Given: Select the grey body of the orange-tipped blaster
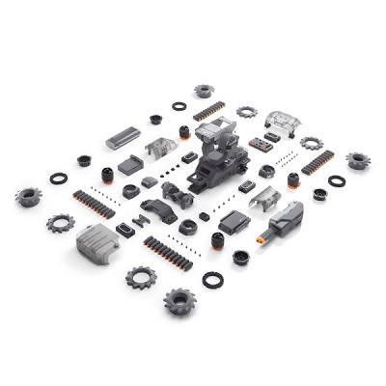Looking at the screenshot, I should coord(287,221).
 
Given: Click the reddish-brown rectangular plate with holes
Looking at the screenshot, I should coord(261,144).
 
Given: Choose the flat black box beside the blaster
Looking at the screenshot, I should coord(233,223).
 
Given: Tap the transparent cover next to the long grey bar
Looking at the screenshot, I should coord(161,147).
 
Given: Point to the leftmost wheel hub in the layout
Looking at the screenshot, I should coord(29,196).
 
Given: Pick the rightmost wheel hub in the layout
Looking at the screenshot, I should coord(357,160).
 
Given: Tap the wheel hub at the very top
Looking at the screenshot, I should coord(204,91).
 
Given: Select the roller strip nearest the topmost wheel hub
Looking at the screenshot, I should coord(209,110).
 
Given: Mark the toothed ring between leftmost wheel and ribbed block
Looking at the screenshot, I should coord(60,223).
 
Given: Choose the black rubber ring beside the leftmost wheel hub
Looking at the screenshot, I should coord(59,179).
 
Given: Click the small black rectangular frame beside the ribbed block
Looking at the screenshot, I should coord(125,230).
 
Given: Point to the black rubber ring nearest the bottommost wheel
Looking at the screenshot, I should coord(212,279).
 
